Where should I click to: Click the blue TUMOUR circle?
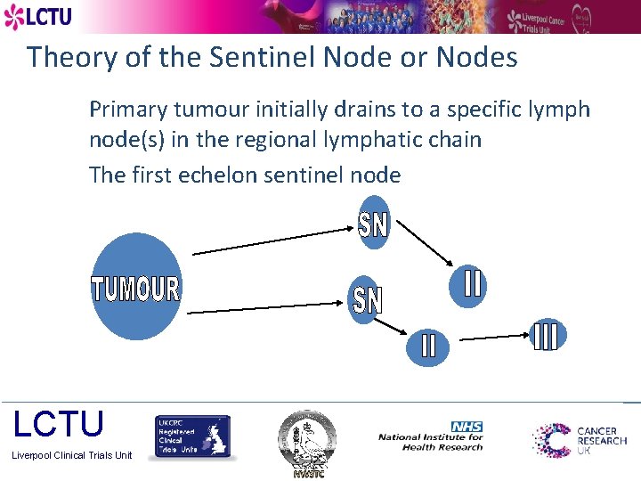click(135, 287)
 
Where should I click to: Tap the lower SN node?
click(366, 299)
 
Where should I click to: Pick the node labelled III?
click(544, 335)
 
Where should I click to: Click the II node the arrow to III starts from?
click(429, 345)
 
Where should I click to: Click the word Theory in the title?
click(71, 58)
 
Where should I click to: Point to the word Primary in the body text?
click(128, 110)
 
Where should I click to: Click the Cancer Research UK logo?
click(580, 440)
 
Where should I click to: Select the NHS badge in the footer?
click(467, 428)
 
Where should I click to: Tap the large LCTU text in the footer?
click(59, 424)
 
